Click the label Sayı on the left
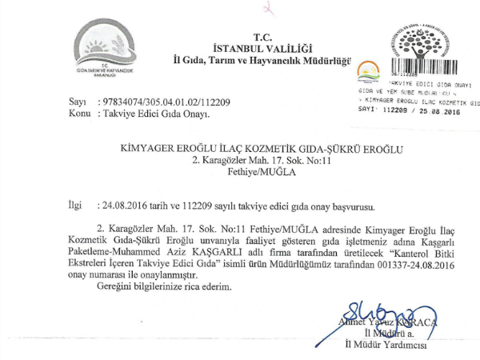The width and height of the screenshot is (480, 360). [77, 103]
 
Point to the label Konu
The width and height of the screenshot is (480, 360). [78, 114]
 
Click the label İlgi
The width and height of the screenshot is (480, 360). [75, 206]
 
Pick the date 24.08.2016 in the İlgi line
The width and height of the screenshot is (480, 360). [119, 206]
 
